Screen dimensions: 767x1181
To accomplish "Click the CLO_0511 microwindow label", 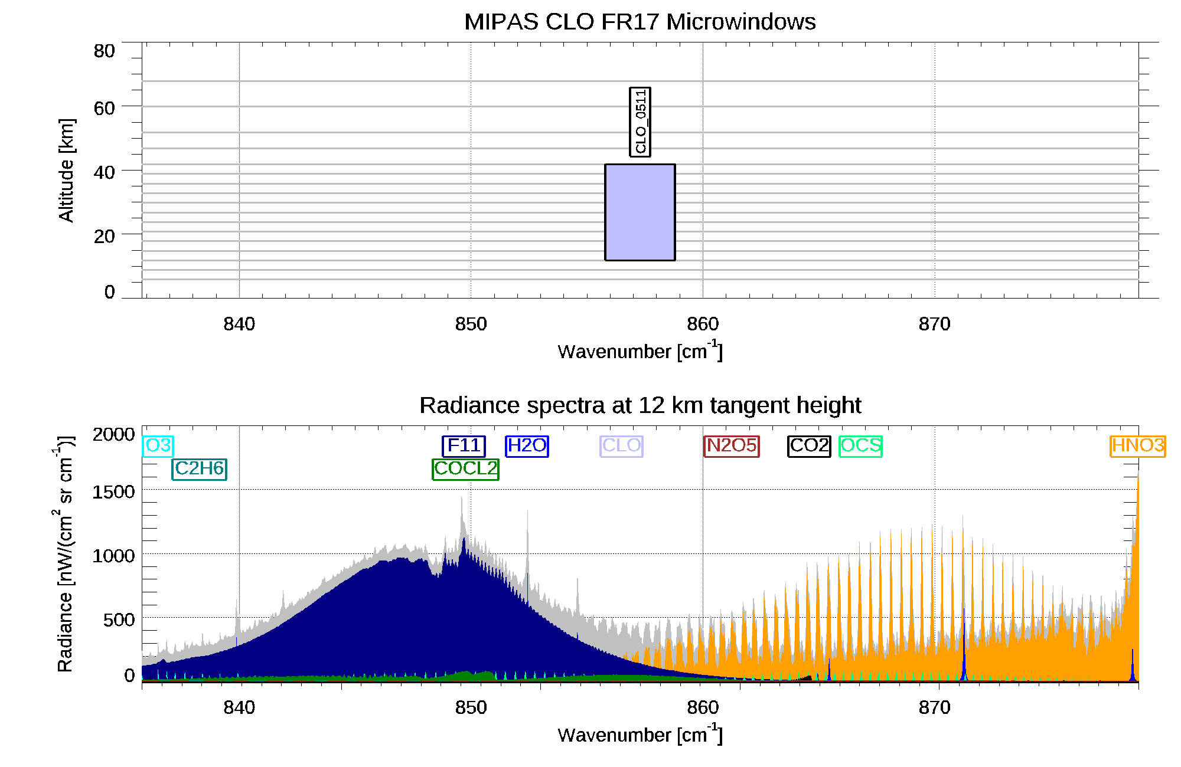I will pyautogui.click(x=640, y=122).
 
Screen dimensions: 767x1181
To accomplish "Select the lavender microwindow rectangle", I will pyautogui.click(x=640, y=212).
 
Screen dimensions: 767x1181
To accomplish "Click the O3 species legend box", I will pyautogui.click(x=158, y=445).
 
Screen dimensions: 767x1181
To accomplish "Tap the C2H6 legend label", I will pyautogui.click(x=200, y=468).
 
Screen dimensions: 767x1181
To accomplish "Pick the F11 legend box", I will pyautogui.click(x=464, y=445).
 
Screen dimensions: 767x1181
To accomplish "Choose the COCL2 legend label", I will pyautogui.click(x=466, y=468).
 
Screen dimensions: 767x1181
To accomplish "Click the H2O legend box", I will pyautogui.click(x=527, y=445).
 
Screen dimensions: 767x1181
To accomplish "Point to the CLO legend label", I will pyautogui.click(x=622, y=445).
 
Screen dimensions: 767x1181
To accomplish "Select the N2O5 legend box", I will pyautogui.click(x=732, y=445).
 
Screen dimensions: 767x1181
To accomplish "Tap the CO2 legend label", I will pyautogui.click(x=810, y=445).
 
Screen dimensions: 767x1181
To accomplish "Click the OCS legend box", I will pyautogui.click(x=861, y=445).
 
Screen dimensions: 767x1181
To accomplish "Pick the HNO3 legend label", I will pyautogui.click(x=1138, y=445).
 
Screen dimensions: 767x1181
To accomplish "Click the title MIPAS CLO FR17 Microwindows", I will pyautogui.click(x=640, y=22).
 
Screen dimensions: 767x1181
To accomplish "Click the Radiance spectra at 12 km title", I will pyautogui.click(x=640, y=405).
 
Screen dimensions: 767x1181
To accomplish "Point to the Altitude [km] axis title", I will pyautogui.click(x=66, y=171).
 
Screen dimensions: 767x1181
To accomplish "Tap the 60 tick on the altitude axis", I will pyautogui.click(x=104, y=108).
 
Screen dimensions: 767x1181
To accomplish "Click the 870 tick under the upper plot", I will pyautogui.click(x=935, y=324).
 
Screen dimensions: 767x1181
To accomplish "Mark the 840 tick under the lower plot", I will pyautogui.click(x=239, y=707).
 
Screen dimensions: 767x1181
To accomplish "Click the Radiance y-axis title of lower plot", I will pyautogui.click(x=65, y=555).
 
